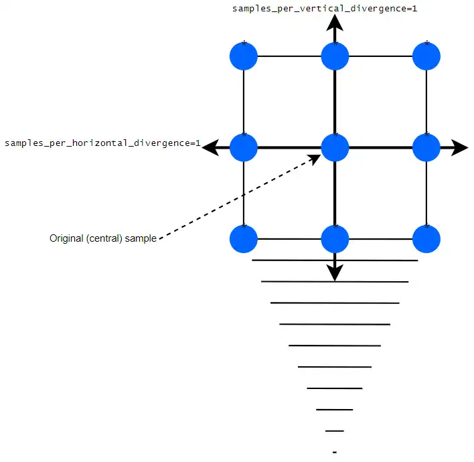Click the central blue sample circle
point(335,147)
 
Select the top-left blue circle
point(244,56)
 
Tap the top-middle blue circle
point(335,56)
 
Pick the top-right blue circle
point(426,56)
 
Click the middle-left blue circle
point(244,147)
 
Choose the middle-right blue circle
point(426,147)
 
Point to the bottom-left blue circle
point(244,239)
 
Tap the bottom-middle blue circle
point(335,239)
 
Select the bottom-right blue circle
point(426,239)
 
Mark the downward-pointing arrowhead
point(335,273)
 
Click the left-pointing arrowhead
point(212,147)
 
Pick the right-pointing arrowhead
point(459,147)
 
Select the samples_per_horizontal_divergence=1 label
point(102,143)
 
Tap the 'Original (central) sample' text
point(102,238)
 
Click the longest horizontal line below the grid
point(335,260)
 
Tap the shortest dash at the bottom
point(335,452)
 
